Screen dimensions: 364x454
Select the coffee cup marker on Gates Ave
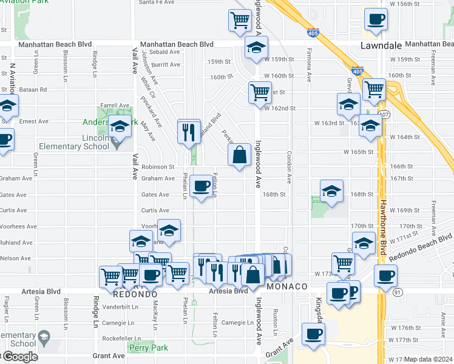(x=201, y=186)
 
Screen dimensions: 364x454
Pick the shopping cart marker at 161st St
(x=260, y=92)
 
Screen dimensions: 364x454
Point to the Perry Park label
(x=144, y=347)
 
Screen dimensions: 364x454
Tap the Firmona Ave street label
(x=309, y=67)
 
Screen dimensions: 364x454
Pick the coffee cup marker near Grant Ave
(x=313, y=333)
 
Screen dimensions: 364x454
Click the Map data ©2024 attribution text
(x=429, y=359)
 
